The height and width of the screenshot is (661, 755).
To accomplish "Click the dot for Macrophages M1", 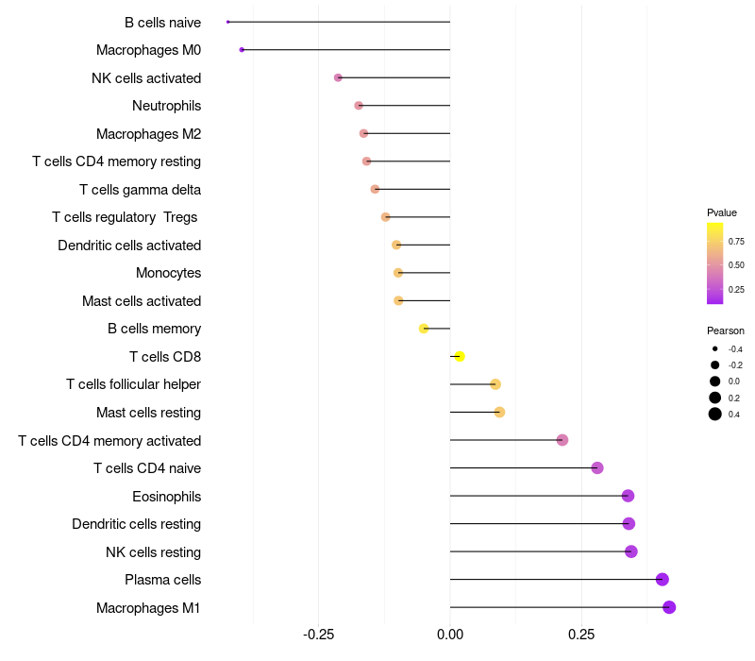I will tap(669, 607).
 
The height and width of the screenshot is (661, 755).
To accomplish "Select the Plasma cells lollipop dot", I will tap(663, 580).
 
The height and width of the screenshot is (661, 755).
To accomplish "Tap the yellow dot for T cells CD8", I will tap(460, 357).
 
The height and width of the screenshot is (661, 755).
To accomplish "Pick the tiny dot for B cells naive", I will tap(228, 22).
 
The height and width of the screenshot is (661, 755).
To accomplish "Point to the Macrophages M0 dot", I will tap(243, 50).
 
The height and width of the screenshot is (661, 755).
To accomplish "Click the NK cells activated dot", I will tap(338, 77).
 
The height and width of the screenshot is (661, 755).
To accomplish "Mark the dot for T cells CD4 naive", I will tap(596, 468).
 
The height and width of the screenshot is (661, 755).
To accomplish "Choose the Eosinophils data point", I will tap(628, 496).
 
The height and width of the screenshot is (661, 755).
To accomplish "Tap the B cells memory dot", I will tap(424, 329).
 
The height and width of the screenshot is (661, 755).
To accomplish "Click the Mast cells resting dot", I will tap(499, 413).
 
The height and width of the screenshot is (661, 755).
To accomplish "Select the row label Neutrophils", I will tap(166, 106).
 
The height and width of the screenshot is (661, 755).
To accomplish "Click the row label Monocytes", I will tap(168, 273).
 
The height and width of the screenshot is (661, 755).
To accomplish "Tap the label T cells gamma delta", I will tap(140, 190).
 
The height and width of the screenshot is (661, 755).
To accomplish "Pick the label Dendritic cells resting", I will tap(136, 524).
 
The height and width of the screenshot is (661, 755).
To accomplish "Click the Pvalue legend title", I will tap(722, 212).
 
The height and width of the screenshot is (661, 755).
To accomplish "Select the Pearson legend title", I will tap(726, 330).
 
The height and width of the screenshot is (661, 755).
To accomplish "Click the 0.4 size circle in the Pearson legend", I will tap(715, 414).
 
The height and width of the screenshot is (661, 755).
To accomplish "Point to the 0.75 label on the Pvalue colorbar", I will tap(736, 242).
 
